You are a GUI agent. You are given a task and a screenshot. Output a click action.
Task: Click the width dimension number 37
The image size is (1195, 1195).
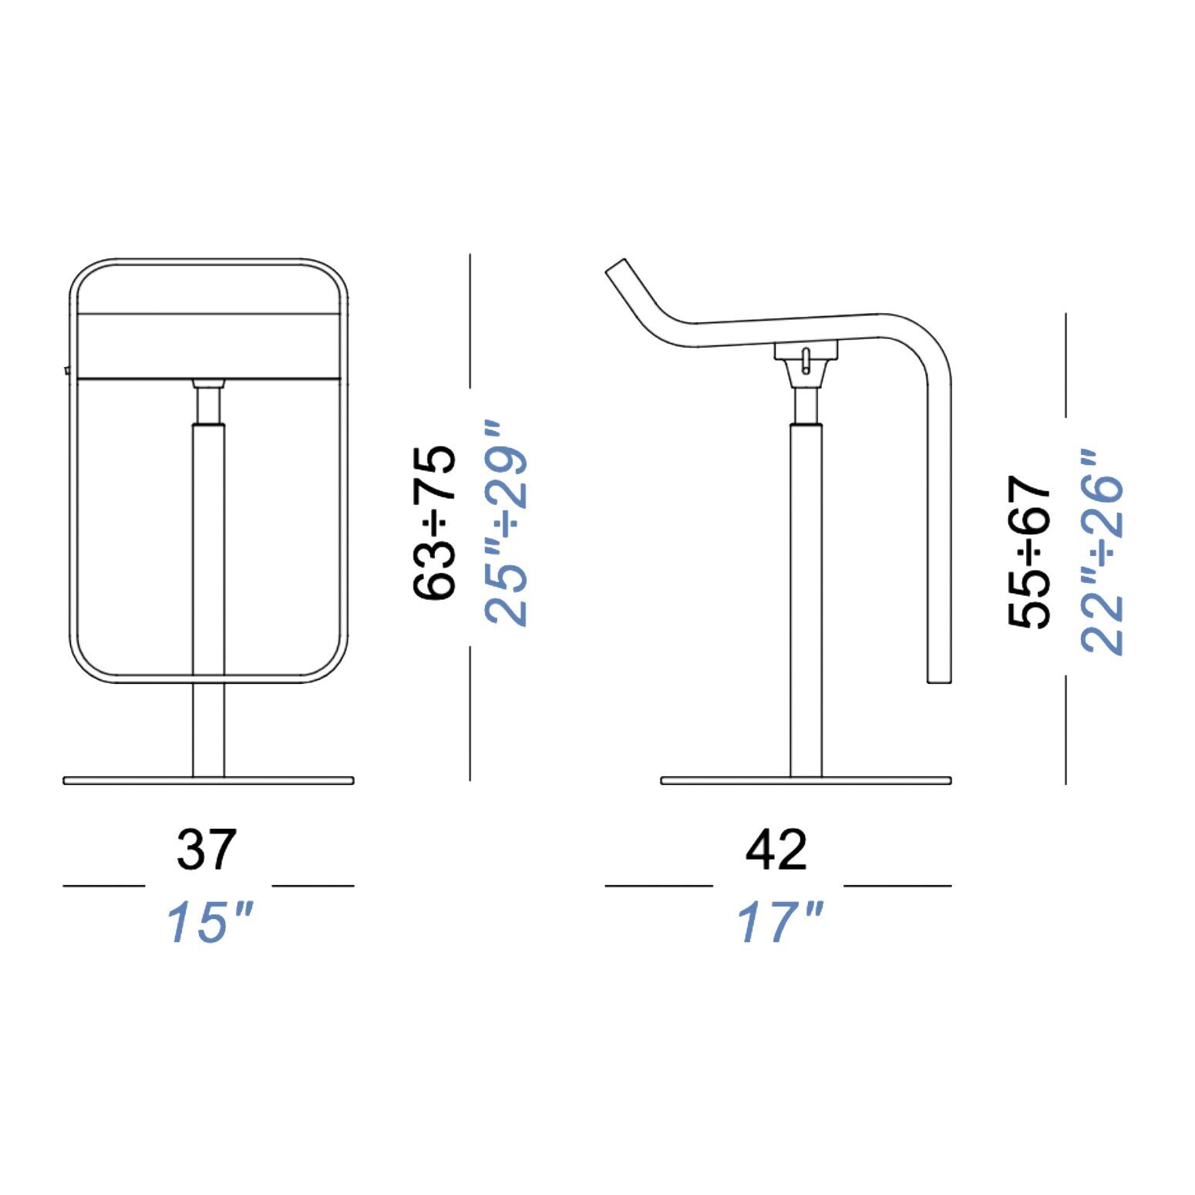(x=206, y=850)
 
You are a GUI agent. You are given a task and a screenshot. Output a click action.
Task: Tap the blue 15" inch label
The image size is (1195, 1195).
(x=210, y=922)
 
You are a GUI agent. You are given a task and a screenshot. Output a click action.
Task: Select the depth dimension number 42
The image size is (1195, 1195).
(x=776, y=850)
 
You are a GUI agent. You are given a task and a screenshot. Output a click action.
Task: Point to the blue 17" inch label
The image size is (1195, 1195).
(x=780, y=922)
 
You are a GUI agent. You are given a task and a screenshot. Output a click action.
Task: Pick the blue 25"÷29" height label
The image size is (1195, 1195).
(x=506, y=523)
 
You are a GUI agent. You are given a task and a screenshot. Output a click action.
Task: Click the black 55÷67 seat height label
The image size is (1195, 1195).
(x=1030, y=551)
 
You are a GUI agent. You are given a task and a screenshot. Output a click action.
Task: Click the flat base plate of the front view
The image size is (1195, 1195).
(x=208, y=781)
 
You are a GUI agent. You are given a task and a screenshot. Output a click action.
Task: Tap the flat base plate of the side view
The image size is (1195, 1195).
(x=806, y=781)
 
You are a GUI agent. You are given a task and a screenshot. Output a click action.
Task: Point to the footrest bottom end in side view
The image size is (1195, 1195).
(x=938, y=678)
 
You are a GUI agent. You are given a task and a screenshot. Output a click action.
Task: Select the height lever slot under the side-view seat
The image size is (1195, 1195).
(x=806, y=362)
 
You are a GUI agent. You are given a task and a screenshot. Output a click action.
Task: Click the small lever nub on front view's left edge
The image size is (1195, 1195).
(x=67, y=371)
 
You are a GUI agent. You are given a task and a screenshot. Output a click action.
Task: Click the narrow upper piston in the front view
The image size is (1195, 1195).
(x=208, y=405)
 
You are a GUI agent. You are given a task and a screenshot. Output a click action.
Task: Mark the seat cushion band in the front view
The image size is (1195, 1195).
(x=208, y=346)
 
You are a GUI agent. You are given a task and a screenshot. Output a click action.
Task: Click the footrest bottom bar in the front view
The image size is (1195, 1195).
(x=208, y=679)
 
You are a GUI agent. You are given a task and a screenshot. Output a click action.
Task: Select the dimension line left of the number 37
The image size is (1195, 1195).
(x=103, y=886)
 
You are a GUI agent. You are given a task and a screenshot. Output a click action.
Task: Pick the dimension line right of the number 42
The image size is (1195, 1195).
(x=897, y=886)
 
